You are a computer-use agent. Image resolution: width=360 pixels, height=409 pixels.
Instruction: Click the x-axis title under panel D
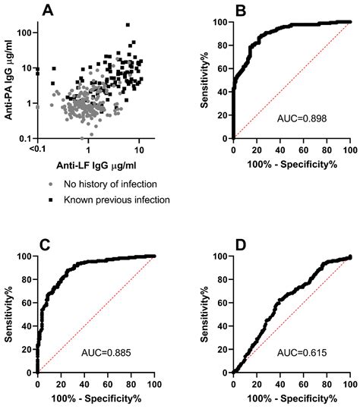tap(292, 398)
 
